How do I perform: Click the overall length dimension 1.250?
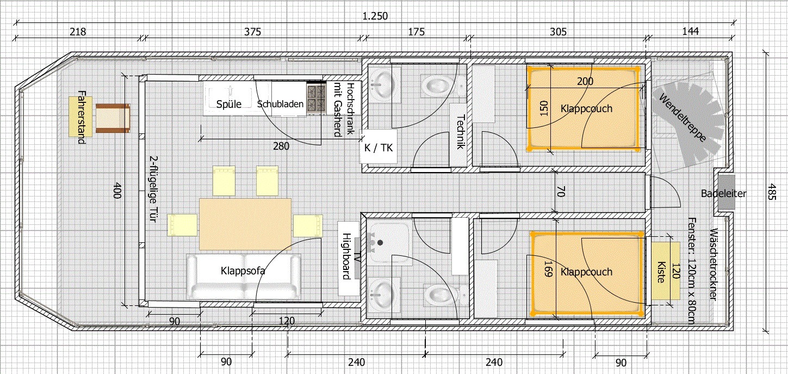tap(375, 16)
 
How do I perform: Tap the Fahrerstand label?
tap(82, 117)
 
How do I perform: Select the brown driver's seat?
tap(113, 118)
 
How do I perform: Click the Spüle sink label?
tap(228, 104)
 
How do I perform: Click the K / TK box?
tap(378, 147)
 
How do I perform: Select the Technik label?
tap(461, 132)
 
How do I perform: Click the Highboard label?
tap(346, 256)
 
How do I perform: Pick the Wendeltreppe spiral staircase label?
tap(682, 118)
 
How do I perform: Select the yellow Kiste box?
tap(665, 271)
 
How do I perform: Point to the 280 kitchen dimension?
tap(281, 146)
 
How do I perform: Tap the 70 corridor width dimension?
tap(561, 192)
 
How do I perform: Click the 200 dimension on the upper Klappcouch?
tap(585, 81)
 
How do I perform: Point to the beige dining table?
tap(245, 224)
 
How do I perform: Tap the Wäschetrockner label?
tap(713, 265)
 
